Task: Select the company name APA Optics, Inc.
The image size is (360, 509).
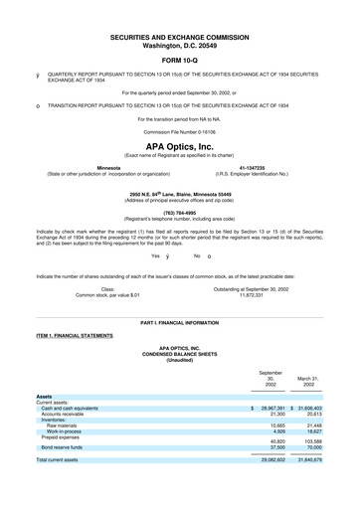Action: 180,144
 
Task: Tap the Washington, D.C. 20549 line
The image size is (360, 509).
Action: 180,45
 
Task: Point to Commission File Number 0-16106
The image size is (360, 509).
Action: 180,131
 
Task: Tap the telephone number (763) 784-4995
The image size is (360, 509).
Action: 180,212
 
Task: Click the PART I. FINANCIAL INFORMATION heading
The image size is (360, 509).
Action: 180,324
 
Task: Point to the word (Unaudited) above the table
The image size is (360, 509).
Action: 180,358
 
